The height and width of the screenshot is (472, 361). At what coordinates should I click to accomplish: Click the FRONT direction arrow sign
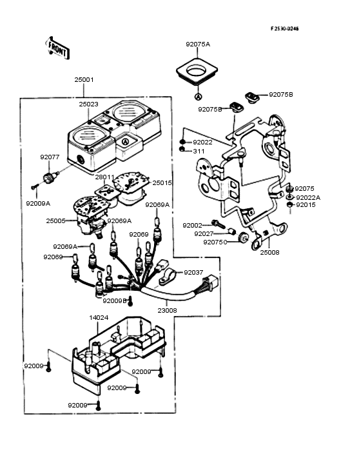(x=57, y=48)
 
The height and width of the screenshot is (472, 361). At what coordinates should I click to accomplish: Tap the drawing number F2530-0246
(x=284, y=28)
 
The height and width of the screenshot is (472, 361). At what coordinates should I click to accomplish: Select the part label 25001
(x=84, y=80)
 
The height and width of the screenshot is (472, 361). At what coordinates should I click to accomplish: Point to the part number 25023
(x=88, y=104)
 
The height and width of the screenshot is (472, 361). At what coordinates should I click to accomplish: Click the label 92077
(x=50, y=157)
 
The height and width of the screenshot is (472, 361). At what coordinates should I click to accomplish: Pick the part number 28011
(x=104, y=177)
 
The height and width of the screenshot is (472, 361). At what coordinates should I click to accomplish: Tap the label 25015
(x=162, y=182)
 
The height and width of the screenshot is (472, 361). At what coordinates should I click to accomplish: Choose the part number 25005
(x=55, y=221)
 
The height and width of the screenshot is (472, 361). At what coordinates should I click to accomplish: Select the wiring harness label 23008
(x=167, y=310)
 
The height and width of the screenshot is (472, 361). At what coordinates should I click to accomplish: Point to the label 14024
(x=99, y=318)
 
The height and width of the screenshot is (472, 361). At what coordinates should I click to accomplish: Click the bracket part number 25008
(x=269, y=253)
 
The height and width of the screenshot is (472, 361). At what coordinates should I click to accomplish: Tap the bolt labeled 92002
(x=218, y=224)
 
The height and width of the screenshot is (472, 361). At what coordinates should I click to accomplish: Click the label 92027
(x=204, y=234)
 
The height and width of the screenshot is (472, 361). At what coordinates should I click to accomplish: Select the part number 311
(x=199, y=151)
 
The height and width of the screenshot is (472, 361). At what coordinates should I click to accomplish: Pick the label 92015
(x=306, y=205)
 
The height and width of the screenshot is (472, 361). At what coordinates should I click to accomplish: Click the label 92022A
(x=308, y=198)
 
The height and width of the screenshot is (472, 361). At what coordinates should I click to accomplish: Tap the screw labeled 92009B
(x=130, y=301)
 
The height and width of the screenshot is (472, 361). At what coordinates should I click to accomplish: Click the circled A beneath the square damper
(x=199, y=96)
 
